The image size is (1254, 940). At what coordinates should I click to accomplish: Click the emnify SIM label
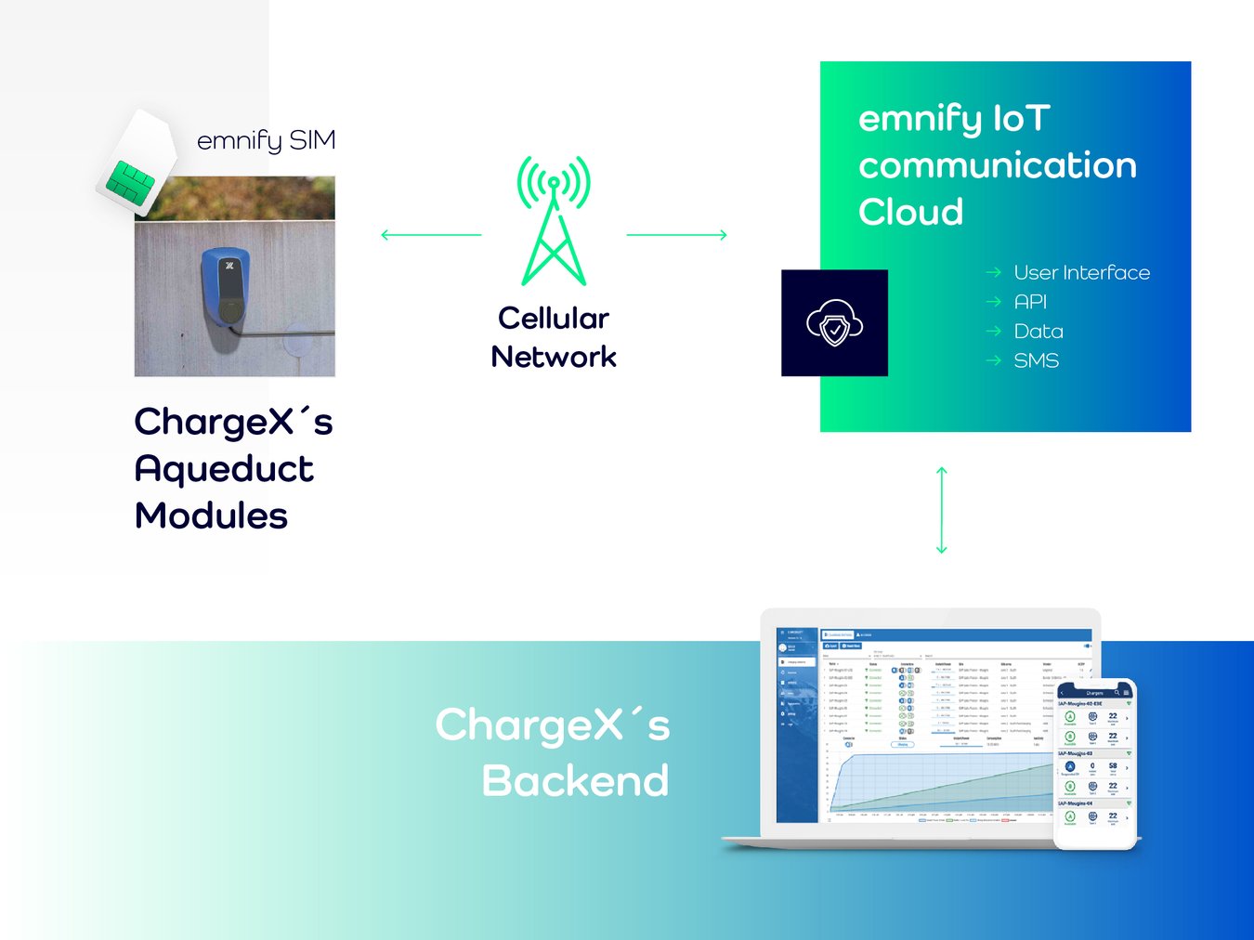point(266,140)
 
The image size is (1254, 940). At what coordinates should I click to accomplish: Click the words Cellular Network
point(554,337)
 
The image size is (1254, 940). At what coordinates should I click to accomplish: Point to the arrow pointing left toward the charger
point(431,235)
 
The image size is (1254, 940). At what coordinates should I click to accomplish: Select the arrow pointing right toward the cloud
point(677,235)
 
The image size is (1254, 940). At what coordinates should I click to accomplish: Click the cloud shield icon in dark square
point(834,323)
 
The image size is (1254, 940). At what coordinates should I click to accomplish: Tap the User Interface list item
point(1081,272)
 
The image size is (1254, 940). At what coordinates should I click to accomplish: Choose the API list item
point(1030,302)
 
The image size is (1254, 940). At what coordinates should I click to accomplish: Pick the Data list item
point(1038,332)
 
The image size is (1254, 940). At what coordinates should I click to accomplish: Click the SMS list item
point(1036,360)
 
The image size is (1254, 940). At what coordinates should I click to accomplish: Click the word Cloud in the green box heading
point(910,212)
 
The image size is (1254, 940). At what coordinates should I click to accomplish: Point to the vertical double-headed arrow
point(941,510)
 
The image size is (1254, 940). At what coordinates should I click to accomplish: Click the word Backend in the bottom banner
point(575,781)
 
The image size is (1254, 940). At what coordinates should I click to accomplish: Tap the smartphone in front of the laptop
point(1095,764)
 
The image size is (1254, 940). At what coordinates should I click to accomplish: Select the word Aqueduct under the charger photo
point(224,470)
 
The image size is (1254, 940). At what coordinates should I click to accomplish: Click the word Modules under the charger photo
point(211,516)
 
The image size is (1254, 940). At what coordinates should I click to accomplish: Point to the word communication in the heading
point(998,165)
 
